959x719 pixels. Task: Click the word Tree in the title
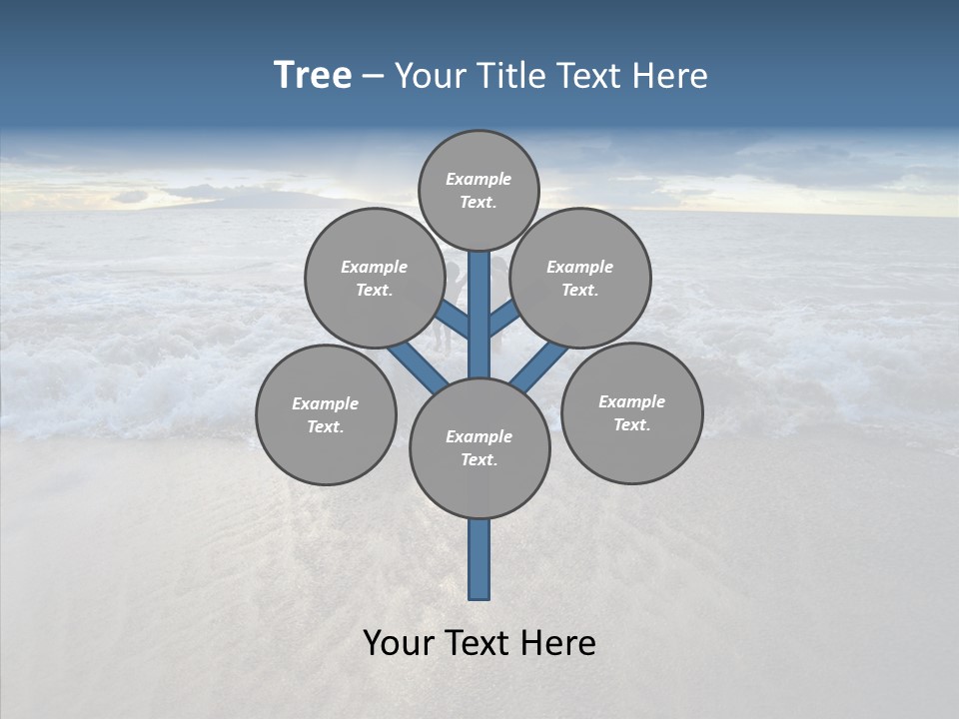tap(313, 76)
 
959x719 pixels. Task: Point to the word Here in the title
tap(670, 76)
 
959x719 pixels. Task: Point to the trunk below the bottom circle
tap(479, 559)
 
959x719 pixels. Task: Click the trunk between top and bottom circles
tap(479, 315)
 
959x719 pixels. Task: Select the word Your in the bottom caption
tap(399, 643)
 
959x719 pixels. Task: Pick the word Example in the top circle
tap(479, 180)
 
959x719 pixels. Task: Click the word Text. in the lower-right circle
tap(631, 425)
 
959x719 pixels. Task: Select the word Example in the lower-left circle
tap(325, 404)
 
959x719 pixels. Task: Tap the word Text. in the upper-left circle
tap(375, 291)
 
